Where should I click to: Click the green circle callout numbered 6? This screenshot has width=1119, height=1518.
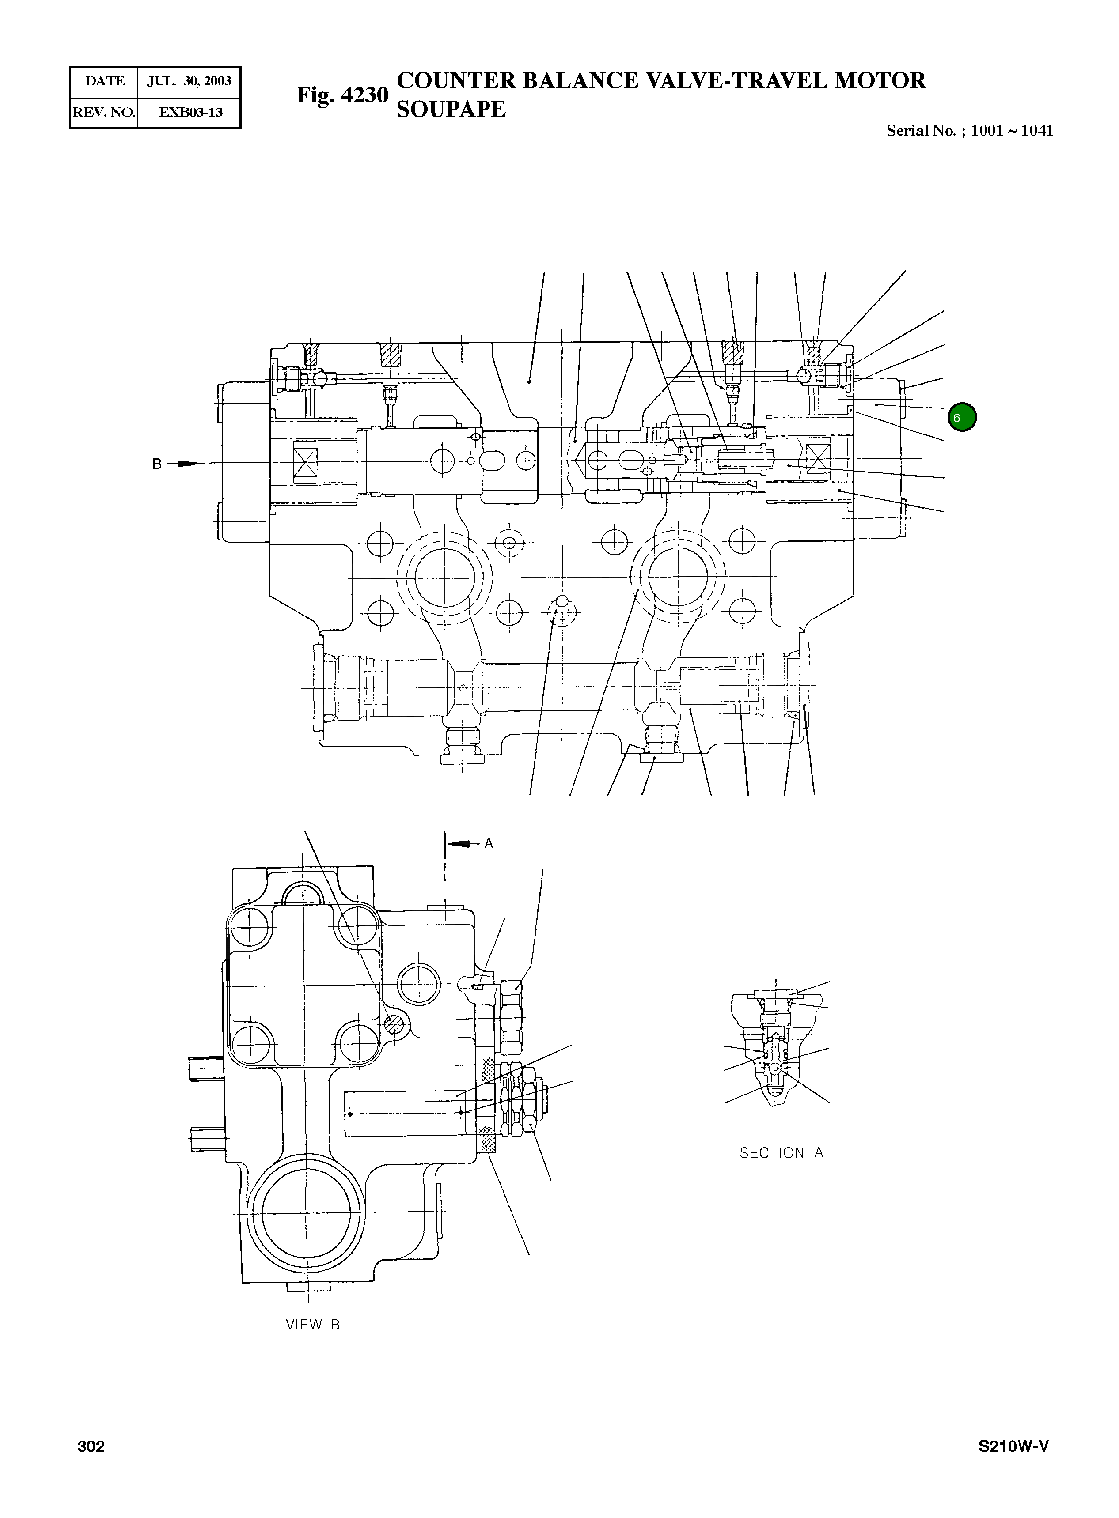tap(962, 417)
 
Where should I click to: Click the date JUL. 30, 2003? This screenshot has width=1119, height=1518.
tap(189, 81)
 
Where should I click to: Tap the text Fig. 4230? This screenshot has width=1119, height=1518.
tap(342, 95)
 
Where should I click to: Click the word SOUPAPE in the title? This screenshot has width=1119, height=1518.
tap(451, 109)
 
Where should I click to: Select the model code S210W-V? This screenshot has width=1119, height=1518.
tap(1013, 1446)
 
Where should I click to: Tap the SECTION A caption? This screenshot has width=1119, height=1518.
tap(781, 1153)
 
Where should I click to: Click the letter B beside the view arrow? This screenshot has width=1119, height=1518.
tap(156, 464)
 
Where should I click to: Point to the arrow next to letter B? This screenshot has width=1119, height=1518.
tap(186, 464)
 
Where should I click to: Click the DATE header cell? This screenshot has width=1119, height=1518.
tap(105, 81)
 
